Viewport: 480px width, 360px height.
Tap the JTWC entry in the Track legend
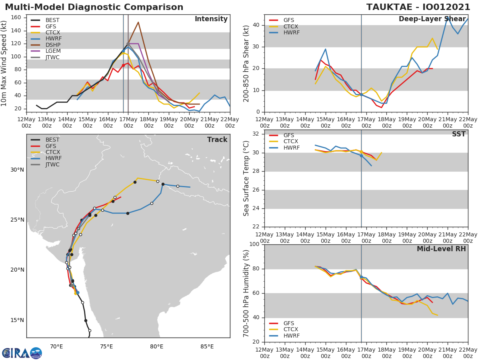52,164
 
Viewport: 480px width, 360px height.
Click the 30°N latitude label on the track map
17,170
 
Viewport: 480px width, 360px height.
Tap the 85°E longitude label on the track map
207,346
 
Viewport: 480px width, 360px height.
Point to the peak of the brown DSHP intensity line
138,22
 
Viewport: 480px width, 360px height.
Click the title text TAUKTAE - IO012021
418,7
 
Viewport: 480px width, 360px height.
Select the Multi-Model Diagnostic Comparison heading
94,7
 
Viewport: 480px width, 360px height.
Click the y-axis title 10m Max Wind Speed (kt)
4,64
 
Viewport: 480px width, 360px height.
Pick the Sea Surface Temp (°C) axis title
247,178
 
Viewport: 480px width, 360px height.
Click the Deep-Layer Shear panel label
432,19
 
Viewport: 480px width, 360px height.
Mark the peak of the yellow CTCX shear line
432,38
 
